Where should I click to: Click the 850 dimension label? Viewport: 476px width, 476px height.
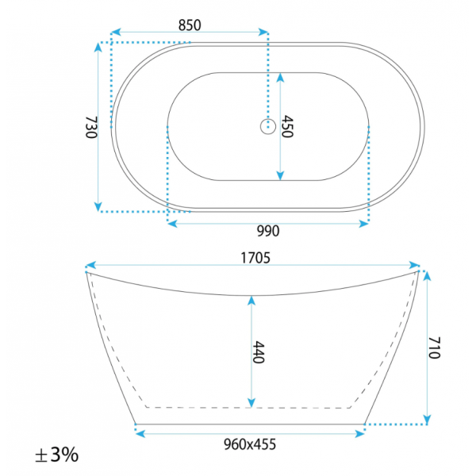190,25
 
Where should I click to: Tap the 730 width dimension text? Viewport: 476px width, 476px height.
91,128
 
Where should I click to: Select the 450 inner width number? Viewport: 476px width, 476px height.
287,127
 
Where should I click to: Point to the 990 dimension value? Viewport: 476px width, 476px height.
268,231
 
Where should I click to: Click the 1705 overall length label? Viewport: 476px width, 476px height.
255,258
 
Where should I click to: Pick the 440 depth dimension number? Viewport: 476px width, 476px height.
259,352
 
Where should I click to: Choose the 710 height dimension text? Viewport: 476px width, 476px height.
434,347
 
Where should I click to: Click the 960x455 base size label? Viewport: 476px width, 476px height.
250,444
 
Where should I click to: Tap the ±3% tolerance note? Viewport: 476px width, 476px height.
57,455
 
